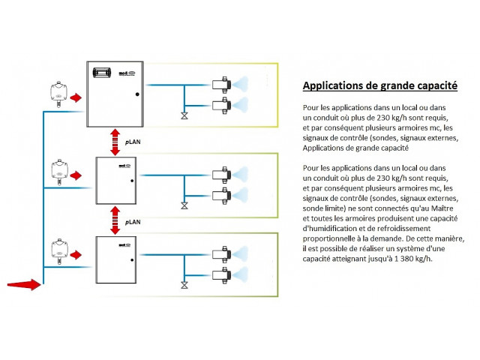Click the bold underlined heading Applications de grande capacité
379,86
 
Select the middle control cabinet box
115,180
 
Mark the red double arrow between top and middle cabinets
115,142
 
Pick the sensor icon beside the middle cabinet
57,170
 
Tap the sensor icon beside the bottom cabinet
57,249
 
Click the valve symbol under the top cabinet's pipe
183,116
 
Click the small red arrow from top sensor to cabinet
76,97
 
